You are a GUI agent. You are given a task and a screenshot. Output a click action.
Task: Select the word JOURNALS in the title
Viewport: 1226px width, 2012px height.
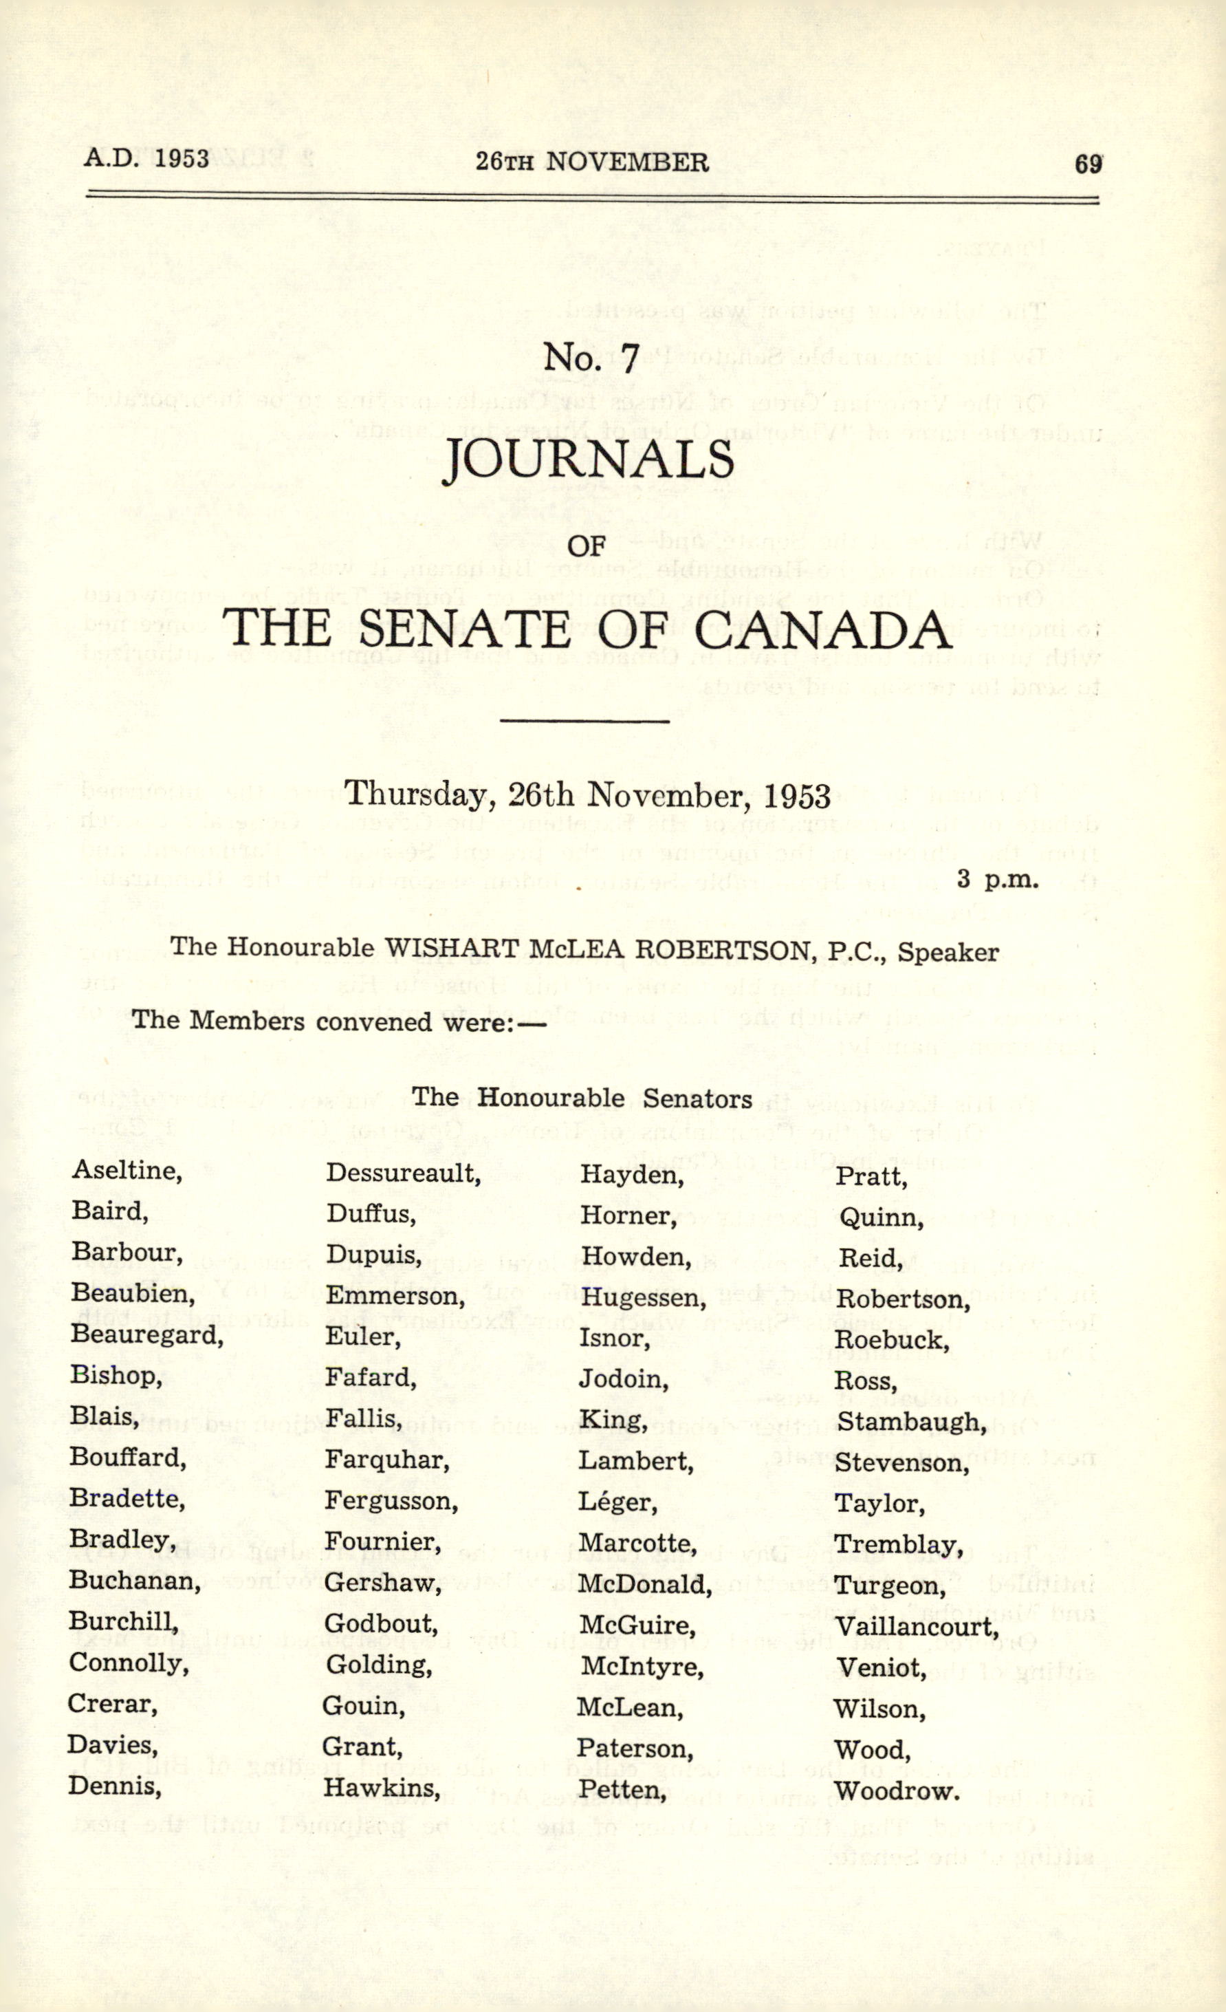pos(588,461)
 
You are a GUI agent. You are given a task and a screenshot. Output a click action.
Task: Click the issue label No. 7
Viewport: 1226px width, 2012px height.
pos(591,358)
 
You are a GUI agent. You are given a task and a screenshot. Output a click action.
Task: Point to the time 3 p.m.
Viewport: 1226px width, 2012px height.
pos(998,880)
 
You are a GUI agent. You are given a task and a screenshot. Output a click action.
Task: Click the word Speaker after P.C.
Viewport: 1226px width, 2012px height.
pos(948,952)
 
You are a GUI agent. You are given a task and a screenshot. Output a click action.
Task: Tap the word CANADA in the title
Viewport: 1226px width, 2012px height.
pos(824,629)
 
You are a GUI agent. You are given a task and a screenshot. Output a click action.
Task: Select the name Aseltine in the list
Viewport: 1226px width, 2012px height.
pos(127,1170)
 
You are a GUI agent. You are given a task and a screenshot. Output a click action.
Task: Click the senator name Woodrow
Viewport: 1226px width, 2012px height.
pos(895,1791)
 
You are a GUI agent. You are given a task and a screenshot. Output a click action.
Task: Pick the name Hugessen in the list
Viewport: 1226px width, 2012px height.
pos(642,1297)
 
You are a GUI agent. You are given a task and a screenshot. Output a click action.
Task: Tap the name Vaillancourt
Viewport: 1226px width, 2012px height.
pos(917,1626)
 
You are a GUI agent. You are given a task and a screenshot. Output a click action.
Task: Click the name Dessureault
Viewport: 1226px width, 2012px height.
pos(403,1173)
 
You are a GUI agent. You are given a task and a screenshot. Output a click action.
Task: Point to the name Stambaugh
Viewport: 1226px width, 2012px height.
pos(911,1422)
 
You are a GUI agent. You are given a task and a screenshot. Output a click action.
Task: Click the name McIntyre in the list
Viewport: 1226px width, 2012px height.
pos(642,1666)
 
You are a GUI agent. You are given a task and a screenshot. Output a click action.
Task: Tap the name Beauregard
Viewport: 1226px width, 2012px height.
pos(147,1334)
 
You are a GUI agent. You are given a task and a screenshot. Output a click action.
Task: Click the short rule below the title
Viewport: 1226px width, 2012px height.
pos(584,720)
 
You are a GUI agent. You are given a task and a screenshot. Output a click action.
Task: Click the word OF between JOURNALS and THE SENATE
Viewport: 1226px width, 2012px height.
pos(586,545)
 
